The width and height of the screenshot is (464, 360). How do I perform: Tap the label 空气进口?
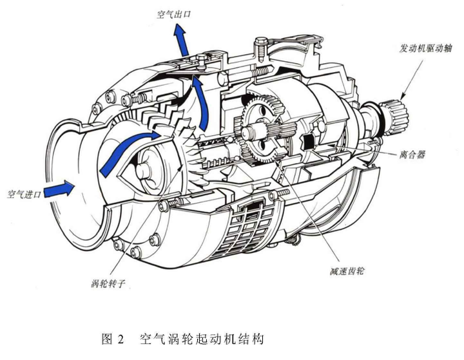coord(24,193)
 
